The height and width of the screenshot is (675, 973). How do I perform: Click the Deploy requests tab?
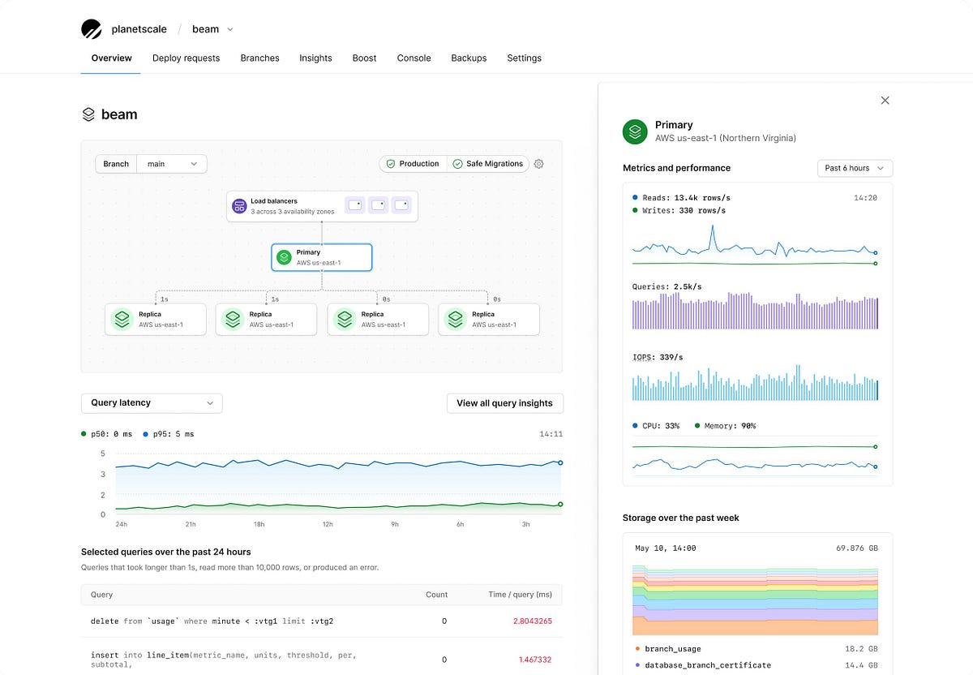coord(186,58)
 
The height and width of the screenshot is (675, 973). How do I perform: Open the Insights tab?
coord(315,58)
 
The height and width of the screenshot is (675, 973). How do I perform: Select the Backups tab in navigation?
coord(469,58)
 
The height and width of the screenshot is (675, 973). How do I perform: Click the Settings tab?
coord(524,58)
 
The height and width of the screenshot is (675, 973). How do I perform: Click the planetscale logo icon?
coord(92,29)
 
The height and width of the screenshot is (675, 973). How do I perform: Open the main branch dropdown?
coord(171,164)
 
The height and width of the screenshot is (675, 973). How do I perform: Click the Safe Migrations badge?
coord(487,164)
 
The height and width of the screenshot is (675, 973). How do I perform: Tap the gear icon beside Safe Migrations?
coord(539,164)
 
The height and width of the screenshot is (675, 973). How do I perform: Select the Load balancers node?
coord(322,206)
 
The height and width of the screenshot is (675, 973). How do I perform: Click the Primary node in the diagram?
coord(322,257)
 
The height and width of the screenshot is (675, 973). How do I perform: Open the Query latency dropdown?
coord(152,403)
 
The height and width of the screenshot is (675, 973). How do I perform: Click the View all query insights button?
coord(504,403)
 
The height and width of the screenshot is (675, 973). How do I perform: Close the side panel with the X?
coord(885,101)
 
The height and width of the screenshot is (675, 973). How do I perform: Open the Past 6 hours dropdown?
coord(855,168)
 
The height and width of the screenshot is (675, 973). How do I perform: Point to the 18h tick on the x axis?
coord(259,524)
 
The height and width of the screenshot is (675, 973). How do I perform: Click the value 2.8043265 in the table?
coord(532,621)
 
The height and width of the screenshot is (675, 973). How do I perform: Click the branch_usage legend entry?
coord(672,649)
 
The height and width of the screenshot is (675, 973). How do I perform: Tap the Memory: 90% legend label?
coord(730,426)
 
